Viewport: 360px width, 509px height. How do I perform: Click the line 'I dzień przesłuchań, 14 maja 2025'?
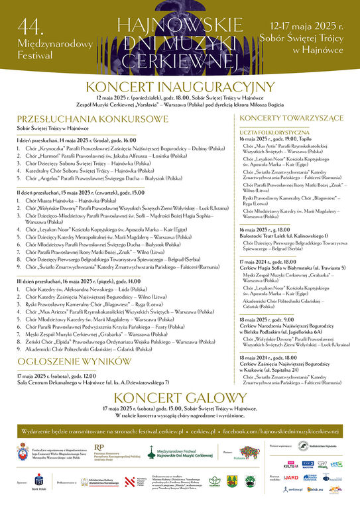(76, 141)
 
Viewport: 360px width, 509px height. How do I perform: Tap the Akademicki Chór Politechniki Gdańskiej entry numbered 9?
(99, 348)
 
